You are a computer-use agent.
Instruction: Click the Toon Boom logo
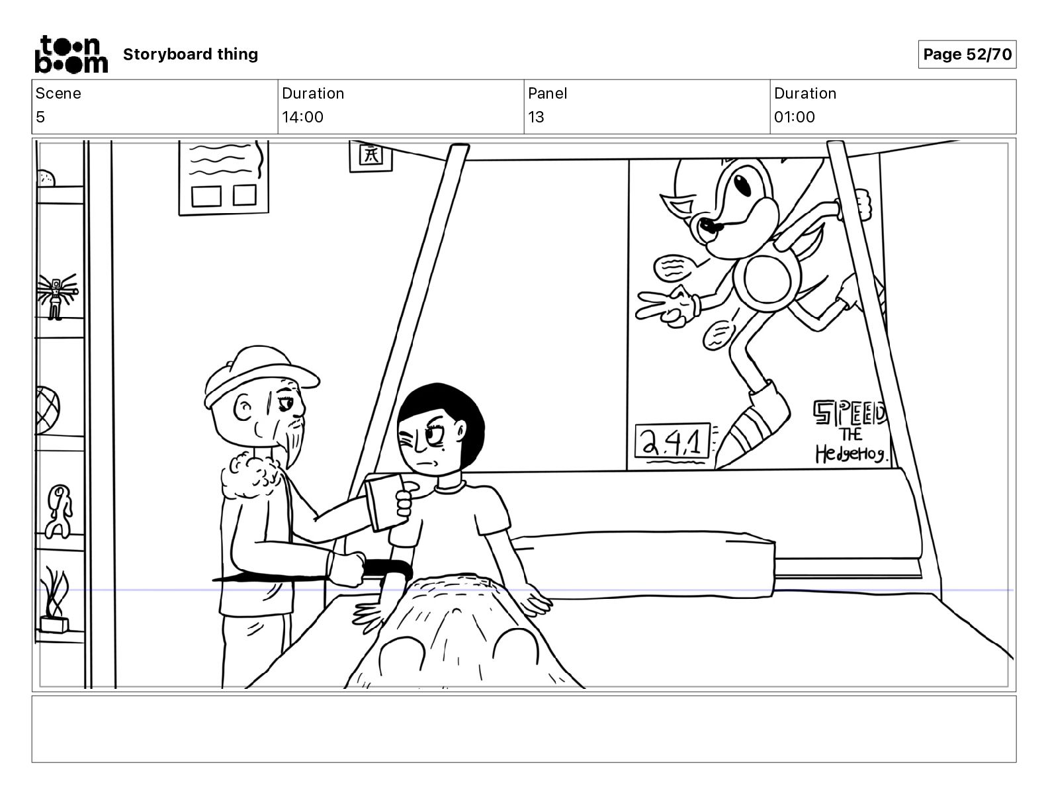pyautogui.click(x=71, y=54)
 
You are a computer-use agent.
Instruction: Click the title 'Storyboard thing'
pyautogui.click(x=191, y=54)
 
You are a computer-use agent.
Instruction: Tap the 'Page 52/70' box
pyautogui.click(x=967, y=54)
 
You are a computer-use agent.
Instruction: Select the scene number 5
pyautogui.click(x=40, y=117)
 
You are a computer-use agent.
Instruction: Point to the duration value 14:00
pyautogui.click(x=302, y=117)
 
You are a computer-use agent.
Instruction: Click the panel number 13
pyautogui.click(x=536, y=117)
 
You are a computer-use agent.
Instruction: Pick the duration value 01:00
pyautogui.click(x=795, y=117)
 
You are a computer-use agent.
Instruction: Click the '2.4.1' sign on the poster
pyautogui.click(x=672, y=441)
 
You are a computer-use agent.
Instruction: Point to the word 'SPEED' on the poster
pyautogui.click(x=850, y=413)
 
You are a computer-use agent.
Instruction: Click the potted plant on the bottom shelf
pyautogui.click(x=54, y=602)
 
